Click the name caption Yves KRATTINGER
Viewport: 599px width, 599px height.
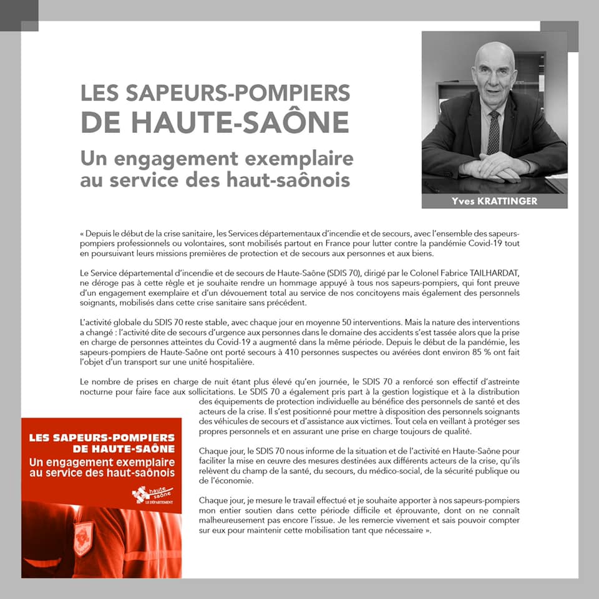click(494, 201)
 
